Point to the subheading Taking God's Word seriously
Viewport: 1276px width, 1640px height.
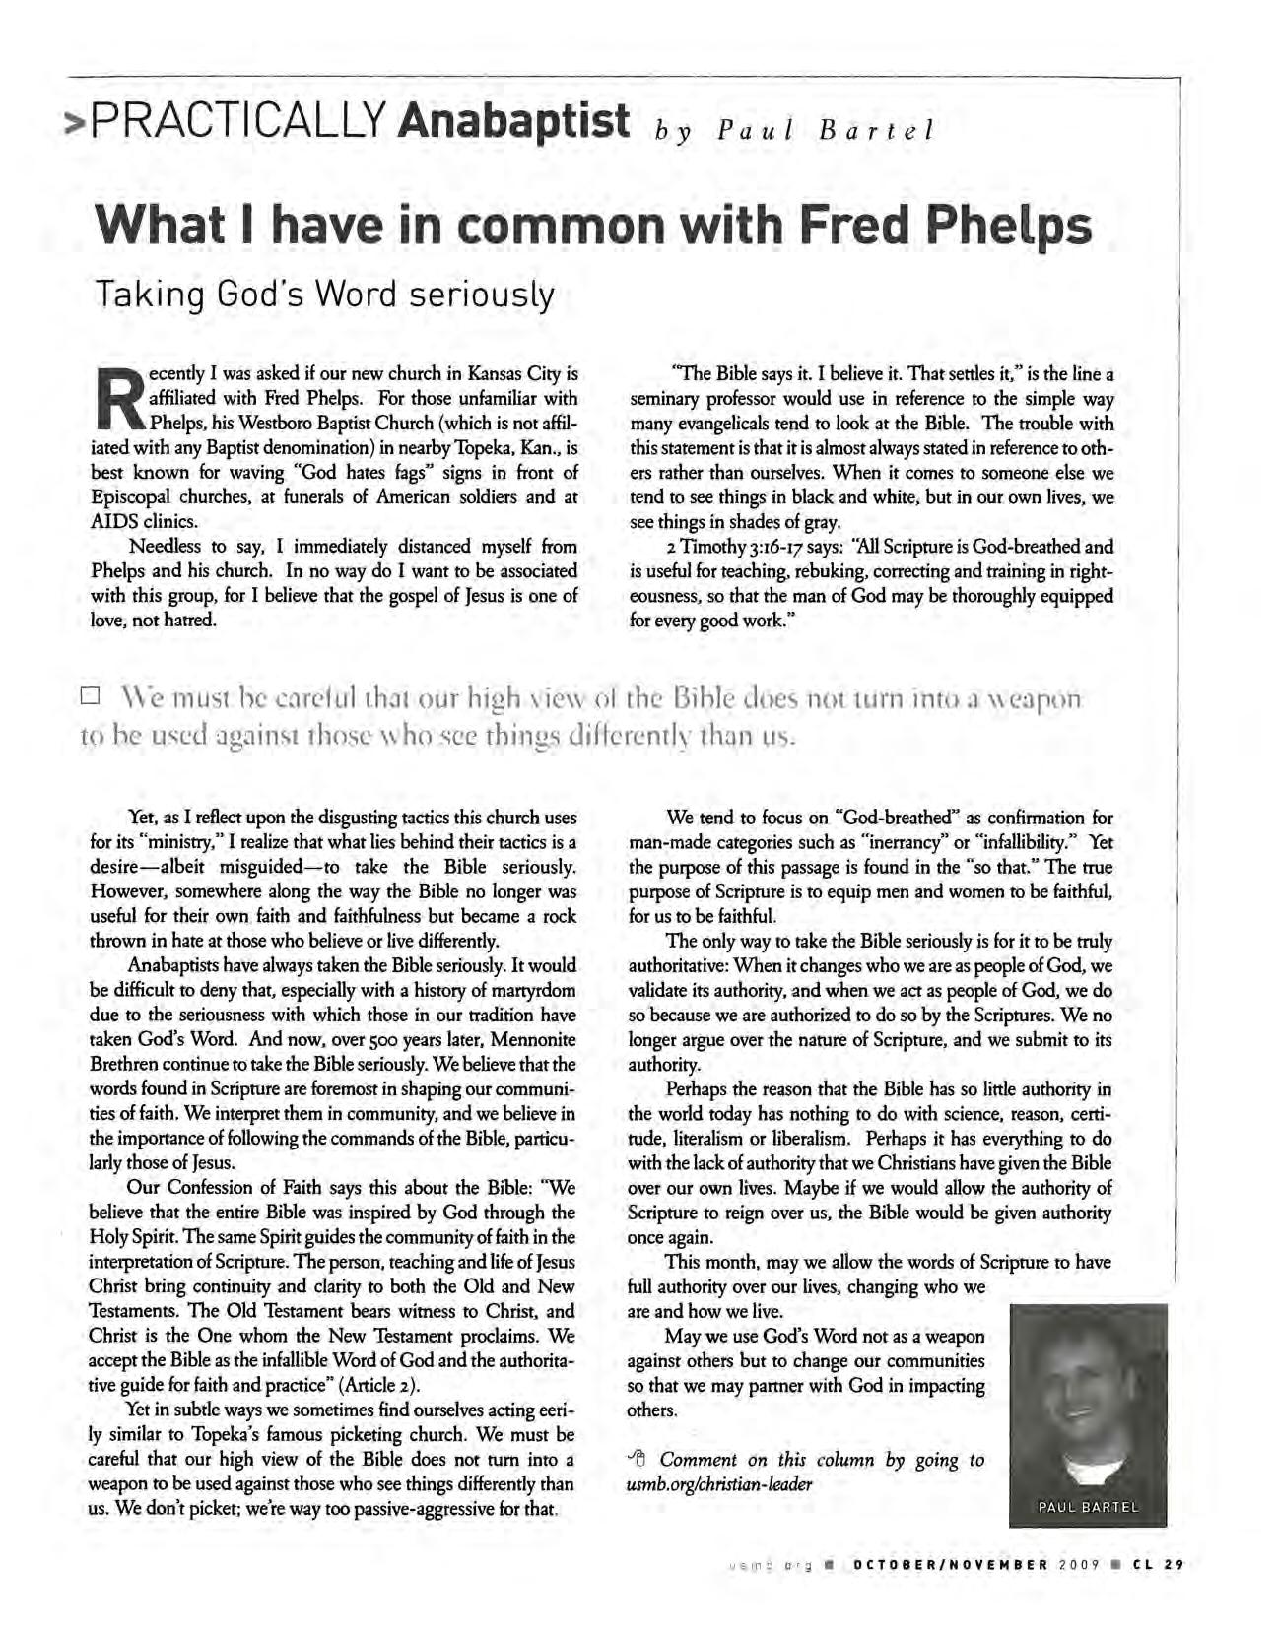[x=323, y=295]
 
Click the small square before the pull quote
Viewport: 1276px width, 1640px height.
[x=89, y=696]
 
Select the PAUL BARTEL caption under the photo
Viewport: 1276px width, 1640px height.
[x=1087, y=1507]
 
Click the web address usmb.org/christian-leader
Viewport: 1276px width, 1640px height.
[x=719, y=1484]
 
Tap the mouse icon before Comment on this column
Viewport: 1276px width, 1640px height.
[x=637, y=1459]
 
